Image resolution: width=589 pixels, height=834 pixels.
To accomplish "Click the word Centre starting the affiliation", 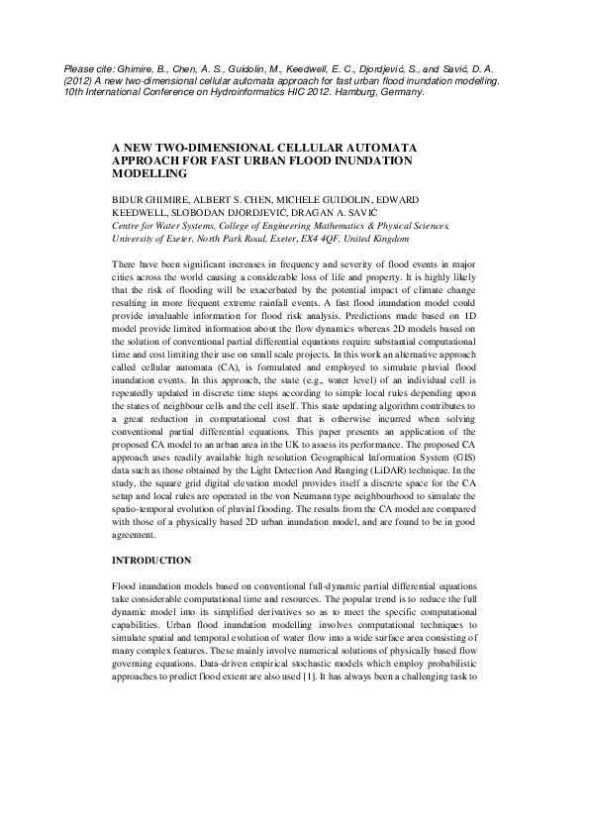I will pyautogui.click(x=130, y=226).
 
